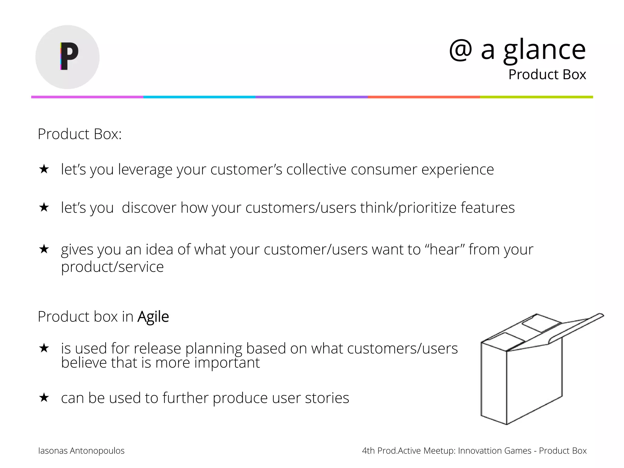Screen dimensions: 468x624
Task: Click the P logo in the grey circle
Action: (x=69, y=56)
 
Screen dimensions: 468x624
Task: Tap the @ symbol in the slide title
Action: (x=460, y=50)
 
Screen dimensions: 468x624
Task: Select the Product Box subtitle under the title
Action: (x=547, y=75)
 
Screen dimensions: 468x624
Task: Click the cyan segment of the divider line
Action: (x=199, y=97)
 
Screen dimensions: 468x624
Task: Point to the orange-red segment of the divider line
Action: (x=424, y=97)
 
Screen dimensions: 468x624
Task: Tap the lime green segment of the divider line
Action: (x=536, y=97)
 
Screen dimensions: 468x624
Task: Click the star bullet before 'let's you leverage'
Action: (x=44, y=169)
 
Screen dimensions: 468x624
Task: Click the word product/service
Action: (x=112, y=267)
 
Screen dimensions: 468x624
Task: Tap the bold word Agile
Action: (x=153, y=317)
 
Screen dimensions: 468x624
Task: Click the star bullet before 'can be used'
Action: (x=44, y=398)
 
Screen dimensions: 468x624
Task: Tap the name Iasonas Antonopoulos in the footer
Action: (x=81, y=451)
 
